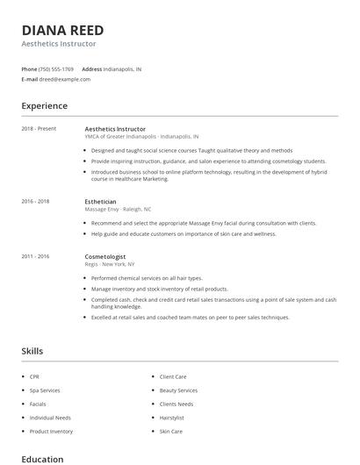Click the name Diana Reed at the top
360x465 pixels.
click(62, 29)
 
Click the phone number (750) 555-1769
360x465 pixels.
click(57, 68)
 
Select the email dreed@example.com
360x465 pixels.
click(65, 79)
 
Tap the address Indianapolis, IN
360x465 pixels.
click(122, 68)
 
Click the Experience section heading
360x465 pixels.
click(44, 106)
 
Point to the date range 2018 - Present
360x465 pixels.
click(39, 129)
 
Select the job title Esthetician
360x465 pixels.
click(100, 202)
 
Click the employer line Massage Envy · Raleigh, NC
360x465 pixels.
click(118, 210)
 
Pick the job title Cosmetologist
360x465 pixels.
click(104, 256)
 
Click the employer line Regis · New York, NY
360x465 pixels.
click(110, 264)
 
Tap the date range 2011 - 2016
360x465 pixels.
click(35, 256)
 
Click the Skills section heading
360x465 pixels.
click(32, 351)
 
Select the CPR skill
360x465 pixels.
click(34, 376)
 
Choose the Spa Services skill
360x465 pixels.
click(45, 390)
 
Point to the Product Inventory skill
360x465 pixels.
click(51, 432)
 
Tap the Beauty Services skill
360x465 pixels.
click(178, 390)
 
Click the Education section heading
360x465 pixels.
click(42, 459)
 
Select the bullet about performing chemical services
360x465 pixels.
click(147, 278)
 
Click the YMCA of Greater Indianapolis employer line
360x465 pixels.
click(141, 137)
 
